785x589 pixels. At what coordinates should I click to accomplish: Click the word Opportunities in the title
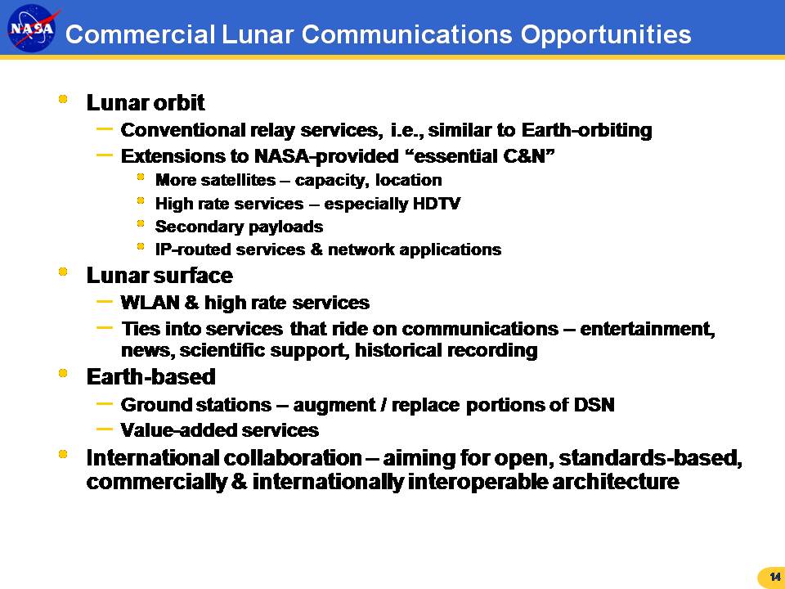[606, 35]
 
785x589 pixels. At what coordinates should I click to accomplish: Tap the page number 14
[775, 577]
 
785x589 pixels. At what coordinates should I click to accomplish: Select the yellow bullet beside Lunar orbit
[63, 99]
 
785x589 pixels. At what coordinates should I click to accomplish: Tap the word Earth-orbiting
[587, 130]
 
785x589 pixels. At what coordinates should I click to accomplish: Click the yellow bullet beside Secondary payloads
[141, 223]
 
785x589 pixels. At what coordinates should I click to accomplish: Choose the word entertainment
[648, 329]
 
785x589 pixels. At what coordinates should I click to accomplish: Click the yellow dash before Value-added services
[104, 429]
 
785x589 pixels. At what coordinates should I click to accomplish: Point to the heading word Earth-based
[151, 376]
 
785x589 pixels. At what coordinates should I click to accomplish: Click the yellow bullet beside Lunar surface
[63, 272]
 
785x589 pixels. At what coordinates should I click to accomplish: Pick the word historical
[398, 350]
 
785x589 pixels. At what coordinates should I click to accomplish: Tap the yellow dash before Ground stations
[104, 402]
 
